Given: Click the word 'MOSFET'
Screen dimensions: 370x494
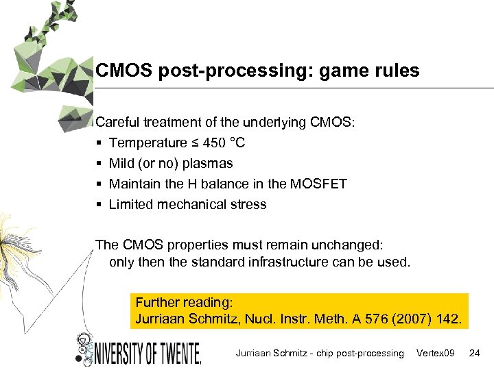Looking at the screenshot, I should tap(320, 184).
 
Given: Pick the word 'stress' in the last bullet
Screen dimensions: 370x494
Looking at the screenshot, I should tap(248, 204).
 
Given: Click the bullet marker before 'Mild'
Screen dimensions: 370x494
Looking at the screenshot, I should tap(99, 164).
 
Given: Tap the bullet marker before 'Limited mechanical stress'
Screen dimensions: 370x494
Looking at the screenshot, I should tap(99, 205).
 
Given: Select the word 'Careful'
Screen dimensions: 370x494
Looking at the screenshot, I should tap(116, 123).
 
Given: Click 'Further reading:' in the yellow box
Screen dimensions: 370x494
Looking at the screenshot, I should tap(185, 302).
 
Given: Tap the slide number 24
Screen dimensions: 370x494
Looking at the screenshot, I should tap(474, 353).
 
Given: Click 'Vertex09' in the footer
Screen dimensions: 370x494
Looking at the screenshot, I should tap(436, 353).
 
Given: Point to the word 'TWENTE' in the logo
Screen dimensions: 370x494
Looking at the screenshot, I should tap(174, 351).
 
